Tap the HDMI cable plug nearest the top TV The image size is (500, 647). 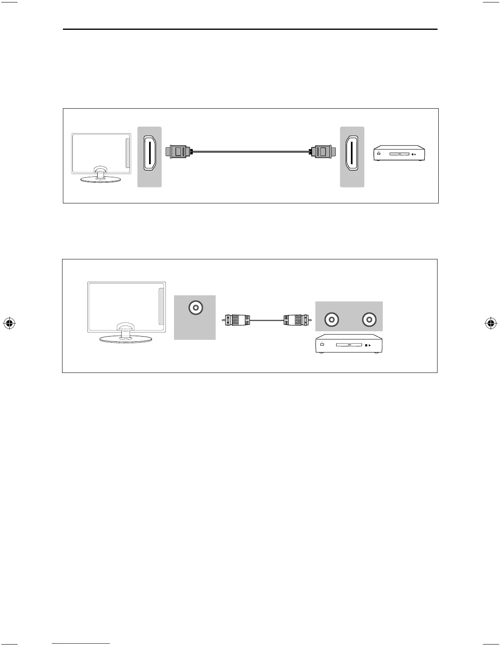(178, 152)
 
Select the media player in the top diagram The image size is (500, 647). (400, 154)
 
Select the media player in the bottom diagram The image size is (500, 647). (349, 345)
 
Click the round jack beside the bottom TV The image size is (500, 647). (195, 308)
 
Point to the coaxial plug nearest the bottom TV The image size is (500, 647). (237, 321)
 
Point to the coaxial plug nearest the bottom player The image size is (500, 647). (295, 321)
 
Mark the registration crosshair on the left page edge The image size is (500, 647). (9, 323)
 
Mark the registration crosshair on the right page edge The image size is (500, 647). (491, 323)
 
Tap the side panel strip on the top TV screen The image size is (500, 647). (127, 153)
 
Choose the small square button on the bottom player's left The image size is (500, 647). (322, 345)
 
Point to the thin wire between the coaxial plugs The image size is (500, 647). (266, 321)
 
